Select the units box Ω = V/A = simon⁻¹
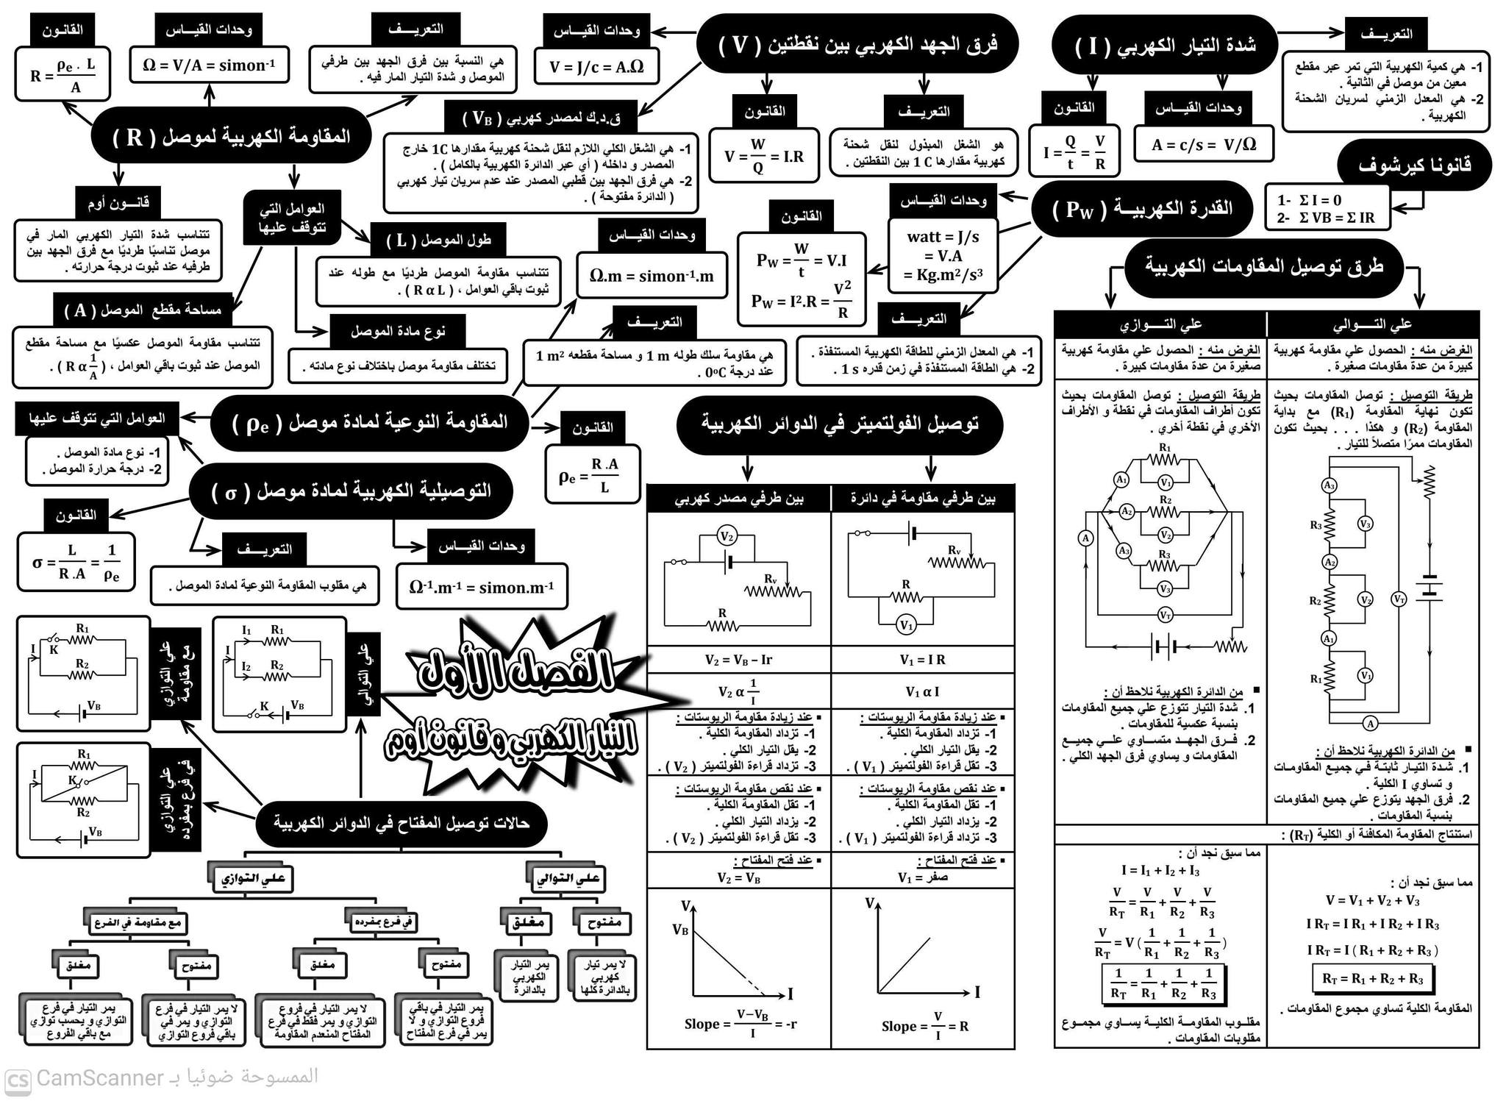coord(209,65)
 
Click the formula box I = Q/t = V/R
coord(1074,151)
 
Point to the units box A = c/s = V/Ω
coord(1204,144)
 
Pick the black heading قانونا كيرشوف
coord(1414,165)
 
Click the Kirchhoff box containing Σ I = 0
coord(1327,209)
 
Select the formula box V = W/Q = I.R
coord(763,156)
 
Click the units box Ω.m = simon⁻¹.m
coord(652,275)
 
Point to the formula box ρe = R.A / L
coord(593,475)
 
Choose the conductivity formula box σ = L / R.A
coord(76,563)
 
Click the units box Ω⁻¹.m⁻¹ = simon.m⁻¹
coord(482,586)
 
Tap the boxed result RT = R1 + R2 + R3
coord(1372,979)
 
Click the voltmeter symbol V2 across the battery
coord(727,537)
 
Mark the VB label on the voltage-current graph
coord(680,930)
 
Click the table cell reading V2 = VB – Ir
coord(739,660)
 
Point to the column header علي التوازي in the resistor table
coord(1160,324)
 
